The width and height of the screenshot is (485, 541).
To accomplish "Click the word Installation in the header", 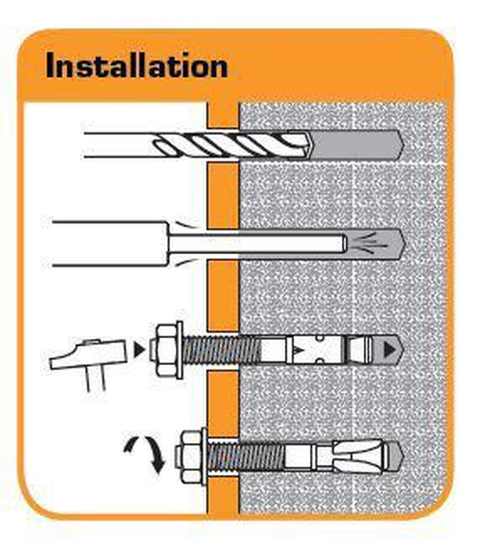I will tap(136, 66).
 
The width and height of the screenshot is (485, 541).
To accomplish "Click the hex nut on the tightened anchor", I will tap(190, 458).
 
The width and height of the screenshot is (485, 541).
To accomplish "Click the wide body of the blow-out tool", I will tap(108, 243).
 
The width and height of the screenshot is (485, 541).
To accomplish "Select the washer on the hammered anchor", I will tap(180, 350).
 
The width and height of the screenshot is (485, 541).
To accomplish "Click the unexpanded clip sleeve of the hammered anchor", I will tap(315, 350).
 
